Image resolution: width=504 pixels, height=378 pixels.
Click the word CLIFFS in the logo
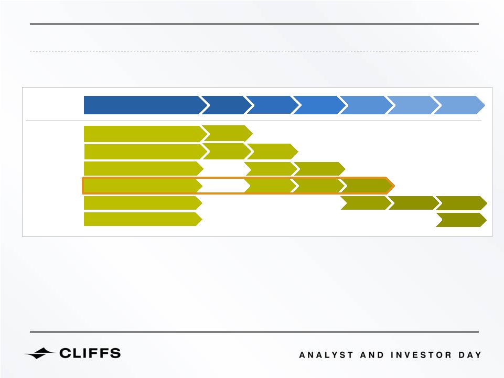click(x=90, y=353)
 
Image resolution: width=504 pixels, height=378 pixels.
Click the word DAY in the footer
click(x=470, y=355)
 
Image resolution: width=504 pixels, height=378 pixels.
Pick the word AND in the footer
click(x=372, y=355)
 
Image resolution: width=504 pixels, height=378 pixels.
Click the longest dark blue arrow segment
click(x=145, y=105)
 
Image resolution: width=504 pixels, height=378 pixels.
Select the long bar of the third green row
click(x=143, y=169)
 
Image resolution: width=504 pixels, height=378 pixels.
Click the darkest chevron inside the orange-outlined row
click(x=367, y=186)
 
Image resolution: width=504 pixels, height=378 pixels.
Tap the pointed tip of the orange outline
click(x=394, y=186)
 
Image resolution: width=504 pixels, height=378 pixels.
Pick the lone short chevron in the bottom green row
click(x=461, y=220)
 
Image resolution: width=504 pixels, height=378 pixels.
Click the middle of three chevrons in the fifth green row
click(x=414, y=203)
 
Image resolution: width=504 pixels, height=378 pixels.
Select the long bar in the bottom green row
click(x=143, y=219)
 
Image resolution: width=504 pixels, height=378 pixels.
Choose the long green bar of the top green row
click(x=145, y=134)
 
